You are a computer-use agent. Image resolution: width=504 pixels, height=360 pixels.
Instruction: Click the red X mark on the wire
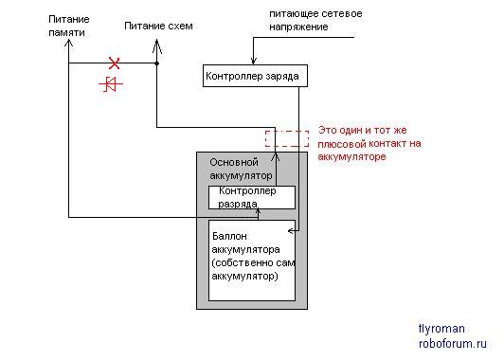point(114,63)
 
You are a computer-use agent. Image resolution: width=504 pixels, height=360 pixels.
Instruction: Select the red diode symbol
point(111,84)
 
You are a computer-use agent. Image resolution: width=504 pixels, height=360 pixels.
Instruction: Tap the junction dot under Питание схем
point(157,63)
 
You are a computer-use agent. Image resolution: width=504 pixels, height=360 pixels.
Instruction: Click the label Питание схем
point(158,26)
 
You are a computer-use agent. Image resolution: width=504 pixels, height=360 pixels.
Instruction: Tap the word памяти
point(67,33)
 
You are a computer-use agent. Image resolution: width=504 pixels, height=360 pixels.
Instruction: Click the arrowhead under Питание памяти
point(68,43)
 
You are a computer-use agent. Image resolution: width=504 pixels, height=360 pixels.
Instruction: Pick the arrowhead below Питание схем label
point(157,45)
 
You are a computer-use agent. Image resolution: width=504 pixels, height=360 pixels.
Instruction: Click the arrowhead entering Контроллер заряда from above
point(254,61)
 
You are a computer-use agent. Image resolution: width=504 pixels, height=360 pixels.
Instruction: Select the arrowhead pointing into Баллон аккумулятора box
point(291,231)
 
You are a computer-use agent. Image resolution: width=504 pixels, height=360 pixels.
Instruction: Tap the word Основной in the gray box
point(234,162)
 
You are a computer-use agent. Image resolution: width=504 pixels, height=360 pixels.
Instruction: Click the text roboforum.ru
point(453,343)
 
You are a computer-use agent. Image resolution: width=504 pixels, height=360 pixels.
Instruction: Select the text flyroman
point(441,329)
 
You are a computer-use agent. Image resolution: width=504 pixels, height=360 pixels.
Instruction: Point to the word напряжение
point(298,27)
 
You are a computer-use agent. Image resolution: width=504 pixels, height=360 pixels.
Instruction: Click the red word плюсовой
point(342,144)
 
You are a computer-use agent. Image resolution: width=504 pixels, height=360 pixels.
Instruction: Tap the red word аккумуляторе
point(351,157)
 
